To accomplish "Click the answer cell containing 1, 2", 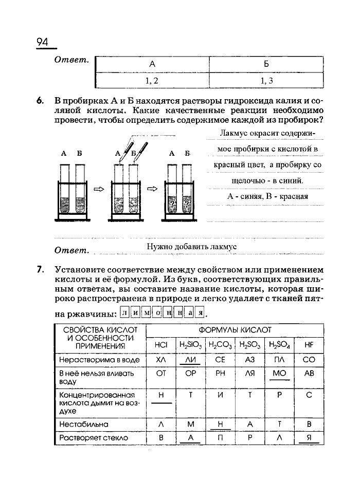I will pos(152,81).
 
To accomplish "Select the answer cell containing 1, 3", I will pos(266,81).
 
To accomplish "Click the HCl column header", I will pos(161,345).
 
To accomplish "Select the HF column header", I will pos(309,345).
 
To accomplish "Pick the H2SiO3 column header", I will pos(190,345).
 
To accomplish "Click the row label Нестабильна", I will pos(84,424).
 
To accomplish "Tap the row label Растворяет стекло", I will pos(92,438).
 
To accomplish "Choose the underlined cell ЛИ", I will pos(190,360).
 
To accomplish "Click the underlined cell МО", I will pos(279,374).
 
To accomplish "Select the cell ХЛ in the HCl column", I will pos(161,360).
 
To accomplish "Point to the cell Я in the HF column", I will pos(309,437).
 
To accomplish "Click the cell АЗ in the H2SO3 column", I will pos(250,360).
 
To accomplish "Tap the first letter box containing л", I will pos(125,313).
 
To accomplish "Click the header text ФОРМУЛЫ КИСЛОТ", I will pos(235,329).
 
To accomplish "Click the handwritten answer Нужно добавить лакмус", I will pos(191,247).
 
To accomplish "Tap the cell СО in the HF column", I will pos(309,360).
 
